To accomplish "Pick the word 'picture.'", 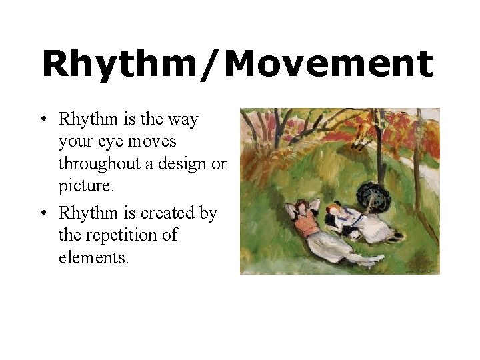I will (x=87, y=187).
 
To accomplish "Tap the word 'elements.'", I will (x=93, y=257).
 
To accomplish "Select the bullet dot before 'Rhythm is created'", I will (x=42, y=214).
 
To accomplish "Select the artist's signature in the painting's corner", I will (x=419, y=268).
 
